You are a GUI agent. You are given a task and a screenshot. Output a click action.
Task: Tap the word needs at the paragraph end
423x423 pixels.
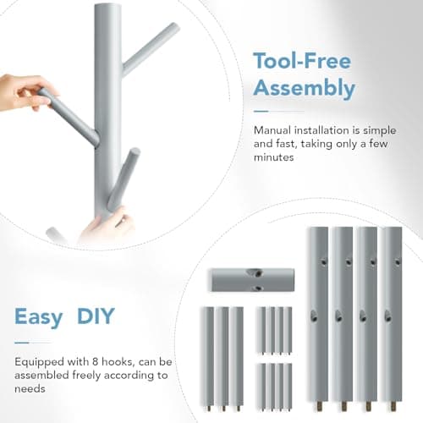(30, 388)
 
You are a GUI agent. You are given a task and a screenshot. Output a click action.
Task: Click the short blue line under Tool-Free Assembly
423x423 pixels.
(278, 109)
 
